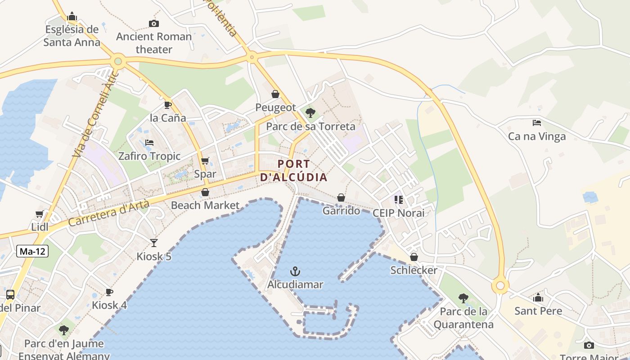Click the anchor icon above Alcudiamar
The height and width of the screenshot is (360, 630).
295,271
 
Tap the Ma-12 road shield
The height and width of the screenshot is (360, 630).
32,251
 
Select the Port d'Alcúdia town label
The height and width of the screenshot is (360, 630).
294,171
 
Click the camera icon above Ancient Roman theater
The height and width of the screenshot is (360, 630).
154,23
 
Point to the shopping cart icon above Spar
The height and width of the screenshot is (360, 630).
205,161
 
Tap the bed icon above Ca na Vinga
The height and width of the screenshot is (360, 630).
536,122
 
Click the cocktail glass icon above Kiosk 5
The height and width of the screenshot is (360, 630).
154,243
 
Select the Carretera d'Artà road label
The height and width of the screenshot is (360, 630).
109,214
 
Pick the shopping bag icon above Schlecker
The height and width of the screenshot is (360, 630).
414,257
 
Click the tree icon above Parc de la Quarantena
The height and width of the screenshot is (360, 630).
463,298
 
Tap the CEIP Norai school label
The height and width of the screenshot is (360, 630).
399,213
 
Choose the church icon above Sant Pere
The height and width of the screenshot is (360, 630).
538,297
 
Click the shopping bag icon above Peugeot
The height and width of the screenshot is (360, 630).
275,94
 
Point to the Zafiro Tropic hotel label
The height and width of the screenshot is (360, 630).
149,156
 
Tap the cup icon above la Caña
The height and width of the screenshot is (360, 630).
168,105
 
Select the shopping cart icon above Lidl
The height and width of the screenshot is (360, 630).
40,214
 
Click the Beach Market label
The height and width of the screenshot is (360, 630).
205,205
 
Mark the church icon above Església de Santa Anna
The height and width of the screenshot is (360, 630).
72,17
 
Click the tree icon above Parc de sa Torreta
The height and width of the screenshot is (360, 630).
310,113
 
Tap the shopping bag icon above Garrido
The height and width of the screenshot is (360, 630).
341,198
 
